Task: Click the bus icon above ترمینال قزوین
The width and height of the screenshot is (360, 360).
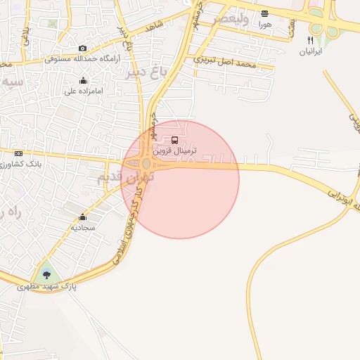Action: click(175, 140)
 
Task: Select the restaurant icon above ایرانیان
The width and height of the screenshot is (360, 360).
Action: click(310, 40)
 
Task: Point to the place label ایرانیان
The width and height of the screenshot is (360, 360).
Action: click(310, 52)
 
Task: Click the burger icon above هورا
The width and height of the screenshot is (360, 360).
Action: click(264, 13)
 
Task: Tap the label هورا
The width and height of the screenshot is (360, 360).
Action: click(264, 25)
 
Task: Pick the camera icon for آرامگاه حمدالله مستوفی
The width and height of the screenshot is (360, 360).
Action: click(83, 48)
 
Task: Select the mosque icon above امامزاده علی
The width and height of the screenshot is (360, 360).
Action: click(84, 80)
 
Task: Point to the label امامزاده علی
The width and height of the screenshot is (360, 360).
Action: click(84, 91)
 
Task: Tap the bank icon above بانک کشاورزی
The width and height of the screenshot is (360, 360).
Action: click(18, 153)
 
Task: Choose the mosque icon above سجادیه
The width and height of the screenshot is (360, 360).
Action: click(83, 217)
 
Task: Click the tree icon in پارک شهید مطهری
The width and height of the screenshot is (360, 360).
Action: click(46, 274)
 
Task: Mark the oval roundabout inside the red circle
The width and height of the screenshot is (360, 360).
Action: click(146, 164)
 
